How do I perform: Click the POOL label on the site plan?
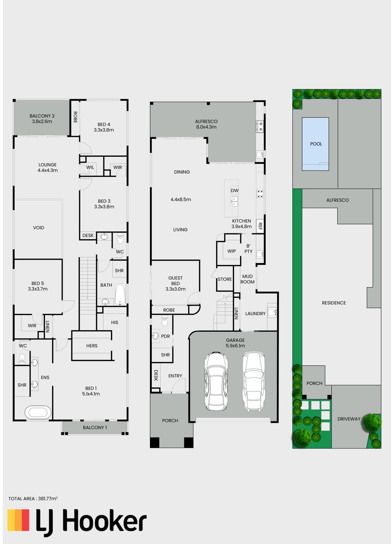(x=316, y=143)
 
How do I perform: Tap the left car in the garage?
(x=216, y=381)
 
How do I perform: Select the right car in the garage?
(x=254, y=381)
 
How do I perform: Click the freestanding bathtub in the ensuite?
(x=38, y=412)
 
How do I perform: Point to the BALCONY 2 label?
(x=42, y=116)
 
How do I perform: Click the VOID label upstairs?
(x=38, y=227)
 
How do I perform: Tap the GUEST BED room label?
(x=176, y=280)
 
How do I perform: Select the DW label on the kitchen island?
(x=235, y=190)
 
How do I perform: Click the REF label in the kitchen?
(x=260, y=226)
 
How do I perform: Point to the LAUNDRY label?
(x=255, y=313)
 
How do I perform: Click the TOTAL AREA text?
(x=33, y=498)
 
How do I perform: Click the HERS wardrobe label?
(x=92, y=346)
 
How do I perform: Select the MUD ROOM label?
(x=247, y=279)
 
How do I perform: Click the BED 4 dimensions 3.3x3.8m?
(x=104, y=130)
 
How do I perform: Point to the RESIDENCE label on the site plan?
(x=333, y=303)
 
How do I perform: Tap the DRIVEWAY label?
(x=349, y=419)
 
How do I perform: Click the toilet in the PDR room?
(x=164, y=321)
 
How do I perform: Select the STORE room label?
(x=225, y=279)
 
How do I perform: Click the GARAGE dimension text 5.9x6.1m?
(x=235, y=346)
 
